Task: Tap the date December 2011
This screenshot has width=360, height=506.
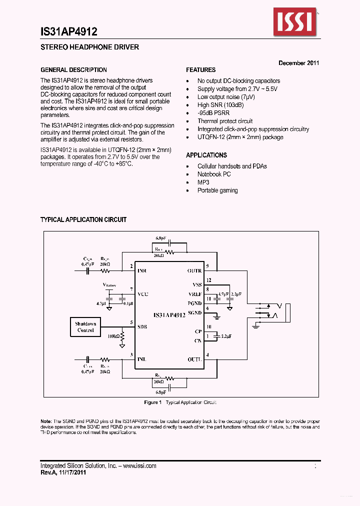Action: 298,63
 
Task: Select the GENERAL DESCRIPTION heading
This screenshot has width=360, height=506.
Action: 73,70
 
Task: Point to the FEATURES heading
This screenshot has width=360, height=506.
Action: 200,70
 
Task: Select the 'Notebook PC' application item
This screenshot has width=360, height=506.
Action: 214,174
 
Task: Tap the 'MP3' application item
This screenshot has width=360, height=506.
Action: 203,182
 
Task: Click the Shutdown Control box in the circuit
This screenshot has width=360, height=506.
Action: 85,327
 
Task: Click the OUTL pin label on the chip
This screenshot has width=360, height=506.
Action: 194,359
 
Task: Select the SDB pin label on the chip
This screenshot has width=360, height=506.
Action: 142,327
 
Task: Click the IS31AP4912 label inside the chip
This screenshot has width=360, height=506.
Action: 169,315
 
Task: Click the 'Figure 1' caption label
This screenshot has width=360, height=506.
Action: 152,402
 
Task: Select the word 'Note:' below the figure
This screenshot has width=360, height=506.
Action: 46,421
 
